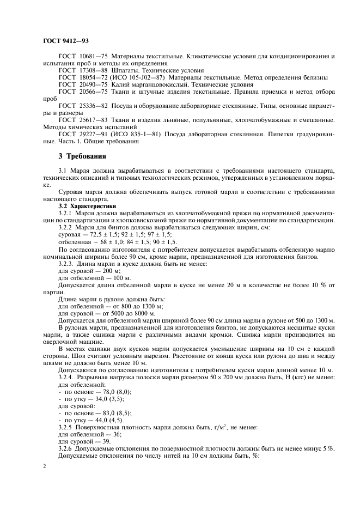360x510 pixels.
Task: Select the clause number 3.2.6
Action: click(x=65, y=448)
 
